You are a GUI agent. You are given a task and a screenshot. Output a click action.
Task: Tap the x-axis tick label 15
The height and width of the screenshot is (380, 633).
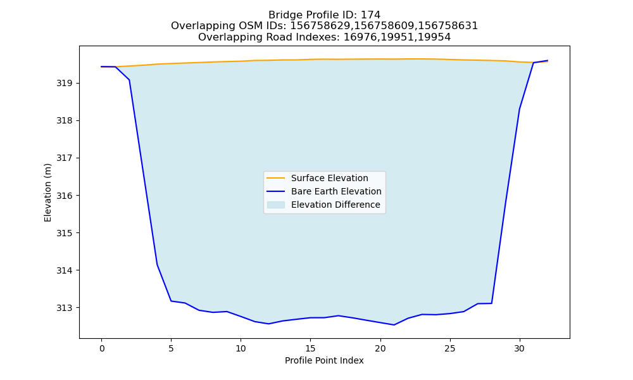(x=310, y=348)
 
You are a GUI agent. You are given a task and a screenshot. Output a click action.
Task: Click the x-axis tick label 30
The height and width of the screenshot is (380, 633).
(x=520, y=348)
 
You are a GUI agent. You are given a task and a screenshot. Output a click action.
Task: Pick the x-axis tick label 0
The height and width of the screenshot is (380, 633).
(x=102, y=348)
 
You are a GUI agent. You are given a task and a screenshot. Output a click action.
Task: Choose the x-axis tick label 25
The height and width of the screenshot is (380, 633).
(x=449, y=348)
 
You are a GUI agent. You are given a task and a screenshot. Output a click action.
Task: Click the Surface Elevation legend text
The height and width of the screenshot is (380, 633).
(x=329, y=178)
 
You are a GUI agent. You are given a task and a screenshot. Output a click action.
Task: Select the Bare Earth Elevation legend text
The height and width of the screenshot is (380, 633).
(x=336, y=191)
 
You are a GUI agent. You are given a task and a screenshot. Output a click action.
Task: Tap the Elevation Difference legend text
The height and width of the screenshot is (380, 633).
(x=335, y=205)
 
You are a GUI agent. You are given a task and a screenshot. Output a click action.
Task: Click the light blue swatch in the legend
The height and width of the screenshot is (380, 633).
(x=276, y=205)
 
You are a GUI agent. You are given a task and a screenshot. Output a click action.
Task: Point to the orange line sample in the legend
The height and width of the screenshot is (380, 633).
(x=276, y=178)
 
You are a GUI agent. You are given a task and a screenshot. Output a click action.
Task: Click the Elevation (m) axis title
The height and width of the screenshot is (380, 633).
(x=47, y=193)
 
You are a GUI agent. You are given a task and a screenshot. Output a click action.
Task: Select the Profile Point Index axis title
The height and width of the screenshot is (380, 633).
(x=324, y=360)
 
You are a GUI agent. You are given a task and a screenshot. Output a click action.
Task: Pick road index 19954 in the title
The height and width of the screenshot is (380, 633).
(x=437, y=37)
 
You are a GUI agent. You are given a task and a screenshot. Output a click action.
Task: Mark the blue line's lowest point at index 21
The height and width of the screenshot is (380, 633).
(x=394, y=325)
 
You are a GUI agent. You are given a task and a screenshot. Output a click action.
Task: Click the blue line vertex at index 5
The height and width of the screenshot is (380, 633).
(x=171, y=301)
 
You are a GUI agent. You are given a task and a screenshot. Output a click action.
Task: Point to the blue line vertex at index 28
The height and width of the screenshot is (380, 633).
(x=491, y=303)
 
